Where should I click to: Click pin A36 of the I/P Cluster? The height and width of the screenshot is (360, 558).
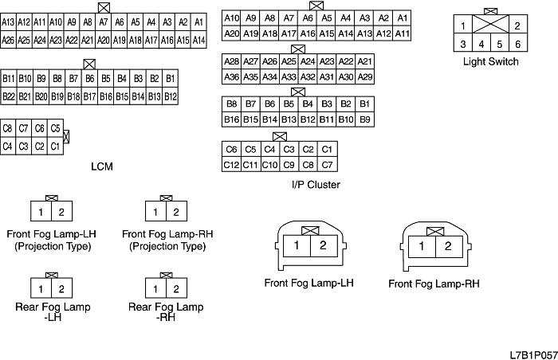(x=231, y=76)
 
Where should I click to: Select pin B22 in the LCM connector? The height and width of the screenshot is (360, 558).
(x=9, y=96)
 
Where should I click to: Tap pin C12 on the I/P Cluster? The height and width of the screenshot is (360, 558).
(x=231, y=165)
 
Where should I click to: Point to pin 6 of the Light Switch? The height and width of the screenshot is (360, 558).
(x=517, y=45)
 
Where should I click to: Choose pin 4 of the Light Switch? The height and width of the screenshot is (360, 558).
(x=481, y=45)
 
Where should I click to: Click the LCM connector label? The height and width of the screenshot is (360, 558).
(x=102, y=166)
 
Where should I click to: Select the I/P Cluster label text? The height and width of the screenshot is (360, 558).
(x=316, y=185)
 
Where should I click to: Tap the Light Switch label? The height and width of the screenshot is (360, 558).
(x=490, y=61)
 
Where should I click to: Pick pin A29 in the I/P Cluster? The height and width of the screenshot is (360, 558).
(x=365, y=76)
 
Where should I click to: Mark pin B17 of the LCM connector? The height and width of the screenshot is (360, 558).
(x=89, y=96)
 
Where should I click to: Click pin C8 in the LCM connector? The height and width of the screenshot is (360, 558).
(x=8, y=127)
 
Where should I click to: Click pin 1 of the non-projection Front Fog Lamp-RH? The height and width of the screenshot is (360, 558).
(x=421, y=247)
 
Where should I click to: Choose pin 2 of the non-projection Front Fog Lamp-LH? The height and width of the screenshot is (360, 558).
(x=322, y=246)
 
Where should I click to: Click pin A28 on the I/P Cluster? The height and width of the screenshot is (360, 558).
(x=231, y=61)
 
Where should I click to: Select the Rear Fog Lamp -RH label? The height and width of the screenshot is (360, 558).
(x=167, y=311)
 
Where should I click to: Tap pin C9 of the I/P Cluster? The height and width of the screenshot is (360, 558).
(x=289, y=165)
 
